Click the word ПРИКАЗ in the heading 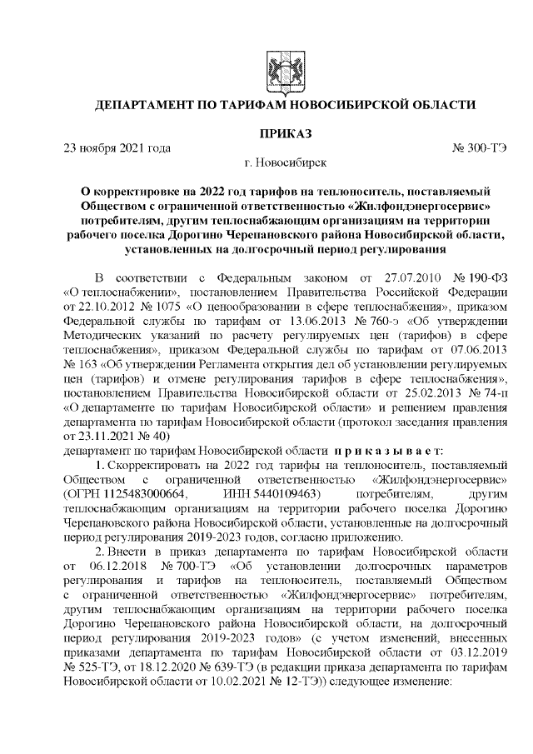pos(285,133)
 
